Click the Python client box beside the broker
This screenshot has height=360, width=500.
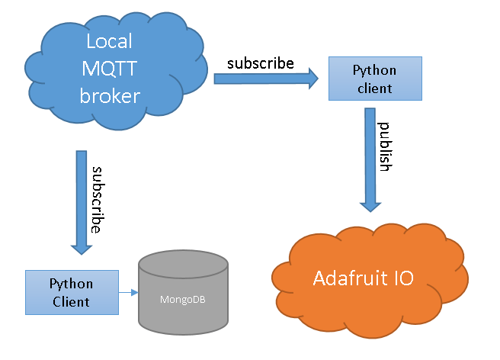[374, 79]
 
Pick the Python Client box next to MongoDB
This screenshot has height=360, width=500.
[71, 292]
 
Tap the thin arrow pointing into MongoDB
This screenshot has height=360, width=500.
[127, 292]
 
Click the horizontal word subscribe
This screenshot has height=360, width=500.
[260, 63]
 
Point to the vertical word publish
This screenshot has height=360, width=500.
[386, 146]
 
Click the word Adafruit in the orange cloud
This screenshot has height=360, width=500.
[347, 278]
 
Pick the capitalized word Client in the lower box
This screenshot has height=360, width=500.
[71, 301]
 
